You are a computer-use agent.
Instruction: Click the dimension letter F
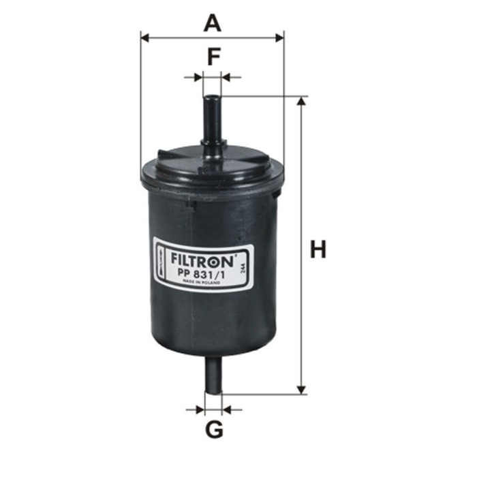click(x=213, y=57)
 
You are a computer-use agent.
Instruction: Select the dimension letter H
click(x=318, y=249)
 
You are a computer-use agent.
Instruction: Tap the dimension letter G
click(x=214, y=430)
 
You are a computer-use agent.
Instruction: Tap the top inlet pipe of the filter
click(x=213, y=119)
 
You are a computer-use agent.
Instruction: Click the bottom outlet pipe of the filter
click(x=213, y=375)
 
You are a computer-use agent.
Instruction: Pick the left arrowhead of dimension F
click(x=199, y=78)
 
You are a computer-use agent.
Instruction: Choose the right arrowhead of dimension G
click(x=228, y=410)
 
